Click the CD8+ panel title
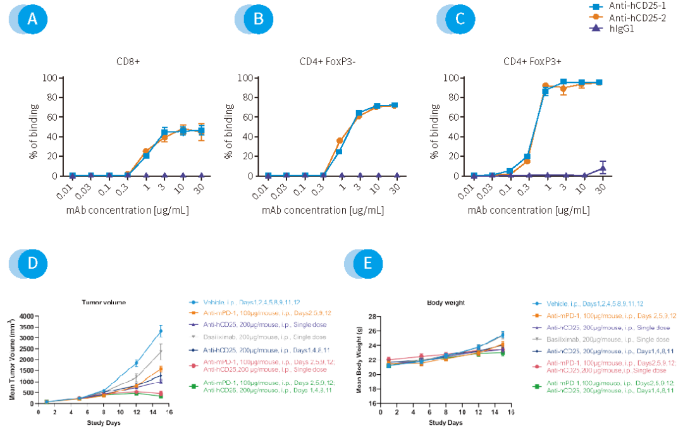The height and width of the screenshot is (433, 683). pyautogui.click(x=128, y=62)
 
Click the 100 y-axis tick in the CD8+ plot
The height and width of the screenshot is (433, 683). pyautogui.click(x=51, y=78)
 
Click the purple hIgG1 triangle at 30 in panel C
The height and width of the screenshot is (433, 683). pyautogui.click(x=603, y=168)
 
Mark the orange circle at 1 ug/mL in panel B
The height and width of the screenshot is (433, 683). pyautogui.click(x=340, y=140)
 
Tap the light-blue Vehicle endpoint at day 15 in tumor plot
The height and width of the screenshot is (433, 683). pyautogui.click(x=161, y=331)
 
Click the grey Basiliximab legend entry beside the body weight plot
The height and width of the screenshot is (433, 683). pyautogui.click(x=591, y=339)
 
